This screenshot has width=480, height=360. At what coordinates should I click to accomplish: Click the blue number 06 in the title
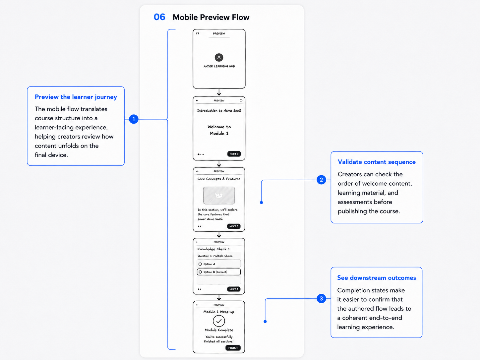coord(159,17)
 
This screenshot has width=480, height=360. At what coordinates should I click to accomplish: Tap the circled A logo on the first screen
coord(219,57)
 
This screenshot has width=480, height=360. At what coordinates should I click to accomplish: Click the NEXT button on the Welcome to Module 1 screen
coord(234,154)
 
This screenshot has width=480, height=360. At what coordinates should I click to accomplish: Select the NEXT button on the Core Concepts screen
coord(234,226)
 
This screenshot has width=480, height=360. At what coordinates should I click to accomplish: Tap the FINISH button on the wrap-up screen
coord(233,348)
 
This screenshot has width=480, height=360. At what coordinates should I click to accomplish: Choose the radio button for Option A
coord(200,264)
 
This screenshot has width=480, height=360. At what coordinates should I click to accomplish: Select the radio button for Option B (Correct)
coord(200,272)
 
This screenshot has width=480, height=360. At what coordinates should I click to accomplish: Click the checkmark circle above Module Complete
coord(219,321)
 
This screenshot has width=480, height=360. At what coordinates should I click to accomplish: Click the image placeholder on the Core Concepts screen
coord(219,195)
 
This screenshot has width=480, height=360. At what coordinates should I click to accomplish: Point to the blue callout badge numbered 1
coord(134,119)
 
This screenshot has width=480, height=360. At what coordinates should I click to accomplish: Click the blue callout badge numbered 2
coord(321,180)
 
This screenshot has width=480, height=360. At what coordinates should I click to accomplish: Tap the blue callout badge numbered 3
coord(321,299)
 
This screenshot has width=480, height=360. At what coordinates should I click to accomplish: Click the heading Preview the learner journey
coord(76,97)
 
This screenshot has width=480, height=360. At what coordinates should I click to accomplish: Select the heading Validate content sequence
coord(377,162)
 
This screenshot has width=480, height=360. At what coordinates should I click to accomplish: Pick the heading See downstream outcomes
coord(376,277)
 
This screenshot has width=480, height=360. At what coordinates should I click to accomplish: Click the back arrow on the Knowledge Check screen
coord(197,242)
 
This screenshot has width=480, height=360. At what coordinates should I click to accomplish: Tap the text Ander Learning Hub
coord(219,66)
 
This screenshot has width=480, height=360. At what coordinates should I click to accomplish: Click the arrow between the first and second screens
coord(219,92)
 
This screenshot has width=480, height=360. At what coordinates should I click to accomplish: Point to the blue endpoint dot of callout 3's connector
coord(265,322)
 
